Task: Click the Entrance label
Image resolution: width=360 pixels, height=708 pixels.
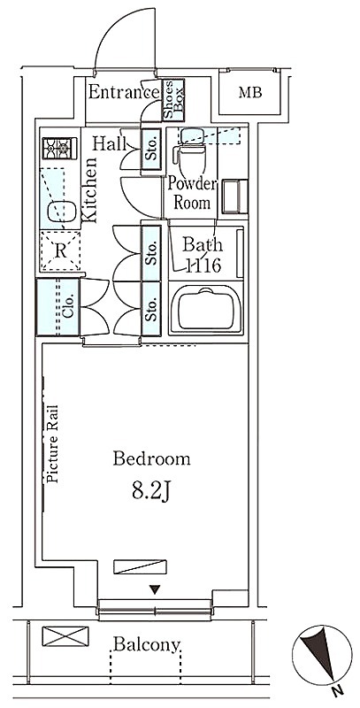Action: tap(124, 92)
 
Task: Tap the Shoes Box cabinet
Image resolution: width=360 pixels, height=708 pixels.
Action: tap(173, 100)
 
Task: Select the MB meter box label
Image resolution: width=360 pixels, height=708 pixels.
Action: tap(250, 93)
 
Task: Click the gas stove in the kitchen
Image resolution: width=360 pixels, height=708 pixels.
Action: tap(59, 148)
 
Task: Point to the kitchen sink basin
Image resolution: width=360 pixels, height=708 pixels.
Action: tap(61, 211)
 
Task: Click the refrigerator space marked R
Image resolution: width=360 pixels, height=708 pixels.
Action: tap(60, 251)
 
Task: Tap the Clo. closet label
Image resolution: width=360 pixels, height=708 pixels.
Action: tap(68, 307)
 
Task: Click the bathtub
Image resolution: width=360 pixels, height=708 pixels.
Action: tap(206, 309)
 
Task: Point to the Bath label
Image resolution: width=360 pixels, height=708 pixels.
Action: tap(202, 245)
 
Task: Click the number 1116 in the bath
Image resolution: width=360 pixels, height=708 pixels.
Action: tap(203, 265)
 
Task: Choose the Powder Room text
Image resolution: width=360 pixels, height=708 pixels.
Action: tap(193, 193)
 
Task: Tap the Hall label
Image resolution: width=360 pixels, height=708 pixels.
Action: tap(110, 144)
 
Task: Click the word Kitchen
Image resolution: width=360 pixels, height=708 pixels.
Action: tap(89, 190)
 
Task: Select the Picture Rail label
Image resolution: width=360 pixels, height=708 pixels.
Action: tap(52, 444)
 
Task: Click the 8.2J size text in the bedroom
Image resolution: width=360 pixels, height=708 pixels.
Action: tap(150, 491)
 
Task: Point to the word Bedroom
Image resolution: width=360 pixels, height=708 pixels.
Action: tap(151, 459)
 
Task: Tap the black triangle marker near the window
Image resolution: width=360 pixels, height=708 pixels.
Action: tap(155, 589)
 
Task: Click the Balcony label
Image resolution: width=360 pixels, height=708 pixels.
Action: tap(147, 644)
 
